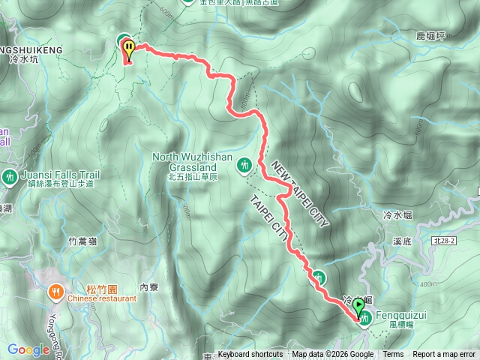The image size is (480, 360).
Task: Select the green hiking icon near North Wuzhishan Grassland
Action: click(243, 164)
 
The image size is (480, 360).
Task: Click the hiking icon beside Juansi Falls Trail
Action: click(9, 177)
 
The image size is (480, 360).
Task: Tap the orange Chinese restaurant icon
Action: click(56, 291)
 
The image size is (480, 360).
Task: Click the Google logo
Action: click(28, 349)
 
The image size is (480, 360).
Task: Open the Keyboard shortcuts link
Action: click(250, 355)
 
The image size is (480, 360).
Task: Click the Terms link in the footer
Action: click(393, 355)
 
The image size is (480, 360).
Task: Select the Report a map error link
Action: click(445, 355)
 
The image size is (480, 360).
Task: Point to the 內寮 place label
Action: click(151, 286)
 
